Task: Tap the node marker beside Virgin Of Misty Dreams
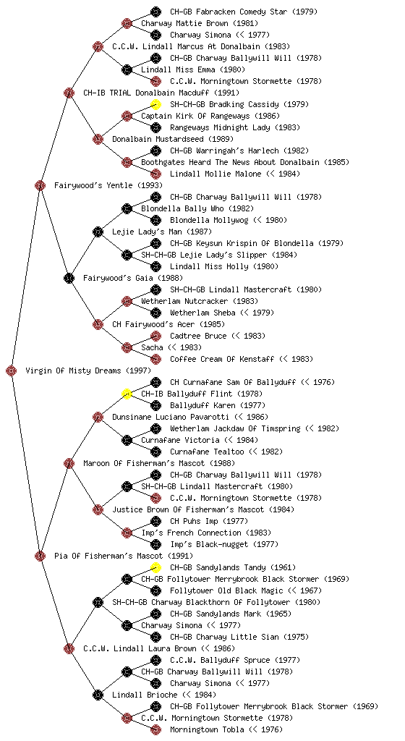click(x=12, y=371)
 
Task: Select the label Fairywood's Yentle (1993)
click(x=108, y=186)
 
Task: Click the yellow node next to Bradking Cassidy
click(x=155, y=104)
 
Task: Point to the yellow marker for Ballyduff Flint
click(x=127, y=394)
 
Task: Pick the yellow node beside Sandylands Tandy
click(x=155, y=567)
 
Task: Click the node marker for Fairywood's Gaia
click(x=69, y=279)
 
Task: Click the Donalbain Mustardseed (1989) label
click(x=173, y=140)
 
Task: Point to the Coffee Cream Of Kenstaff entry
click(x=222, y=359)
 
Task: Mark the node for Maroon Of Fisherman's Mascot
click(x=69, y=464)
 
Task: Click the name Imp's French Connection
click(x=191, y=533)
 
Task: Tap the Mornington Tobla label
click(x=208, y=730)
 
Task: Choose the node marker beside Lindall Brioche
click(x=98, y=695)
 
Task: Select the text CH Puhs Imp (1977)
click(x=209, y=521)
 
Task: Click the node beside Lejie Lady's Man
click(x=98, y=232)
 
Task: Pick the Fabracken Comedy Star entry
click(x=229, y=12)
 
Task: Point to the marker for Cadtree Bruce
click(x=155, y=336)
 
